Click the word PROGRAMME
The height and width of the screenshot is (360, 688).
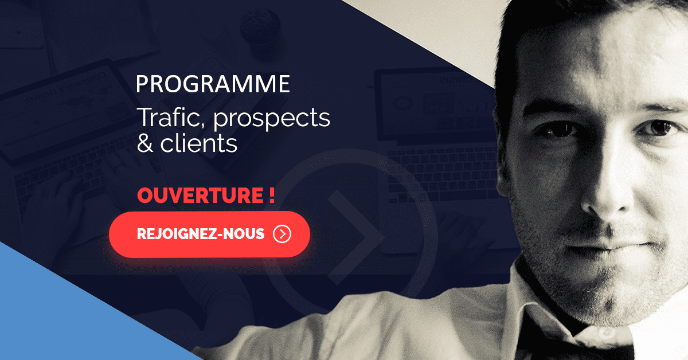[x=213, y=84]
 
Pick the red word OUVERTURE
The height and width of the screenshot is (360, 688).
[x=199, y=195]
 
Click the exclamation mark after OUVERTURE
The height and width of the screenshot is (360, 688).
[x=271, y=195]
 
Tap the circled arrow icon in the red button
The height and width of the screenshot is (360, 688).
[x=282, y=234]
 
